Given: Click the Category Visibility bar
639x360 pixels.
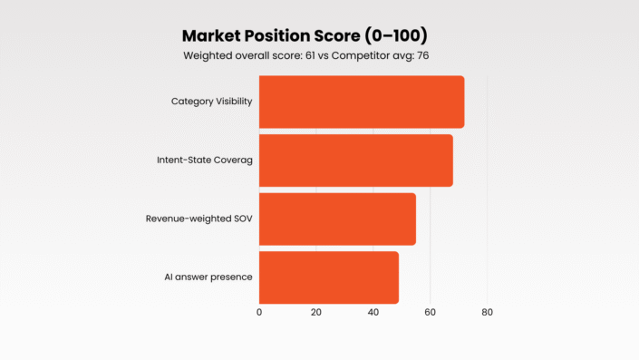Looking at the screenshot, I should (362, 102).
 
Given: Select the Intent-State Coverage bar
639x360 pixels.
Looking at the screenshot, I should (355, 161).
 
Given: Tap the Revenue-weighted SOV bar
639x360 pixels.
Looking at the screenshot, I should (337, 219).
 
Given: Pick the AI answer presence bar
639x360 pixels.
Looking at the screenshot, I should (329, 277).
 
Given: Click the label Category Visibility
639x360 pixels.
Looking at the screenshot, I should (211, 102).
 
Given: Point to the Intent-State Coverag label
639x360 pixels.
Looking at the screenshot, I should (204, 161).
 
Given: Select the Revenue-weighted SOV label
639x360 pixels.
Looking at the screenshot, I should (198, 219).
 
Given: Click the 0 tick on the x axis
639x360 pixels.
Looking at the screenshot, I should (259, 313).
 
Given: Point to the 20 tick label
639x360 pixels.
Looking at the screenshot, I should (316, 313).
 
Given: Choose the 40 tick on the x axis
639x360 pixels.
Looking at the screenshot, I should (373, 313).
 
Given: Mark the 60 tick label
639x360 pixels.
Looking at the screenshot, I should (430, 313).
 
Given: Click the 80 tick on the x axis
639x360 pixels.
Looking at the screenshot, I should (487, 313).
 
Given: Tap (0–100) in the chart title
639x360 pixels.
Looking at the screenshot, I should (395, 36).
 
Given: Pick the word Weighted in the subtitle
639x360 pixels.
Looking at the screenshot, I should (209, 56).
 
